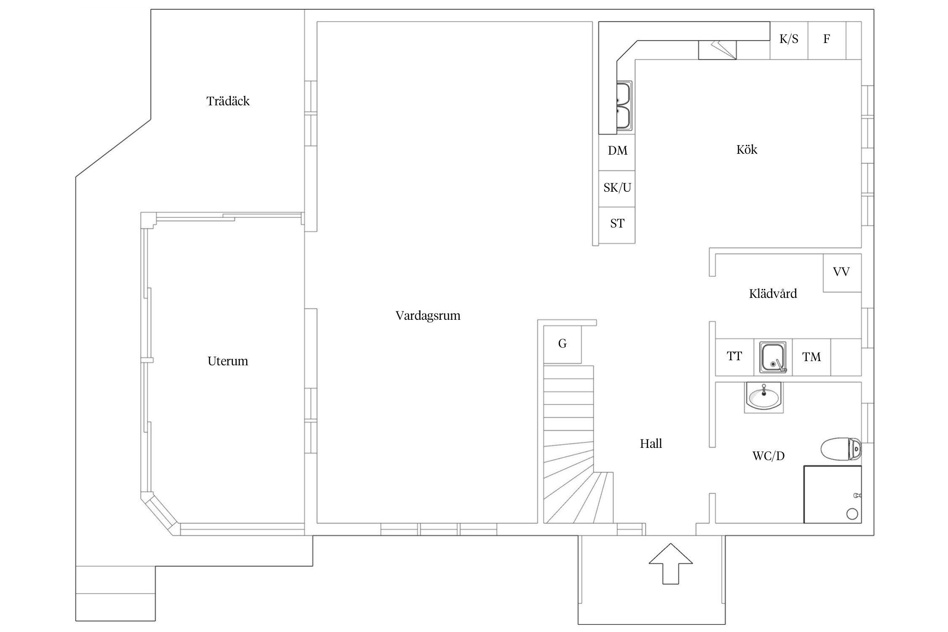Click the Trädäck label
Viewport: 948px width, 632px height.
point(228,101)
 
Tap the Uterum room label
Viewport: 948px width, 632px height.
point(228,361)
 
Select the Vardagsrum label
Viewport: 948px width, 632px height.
point(428,316)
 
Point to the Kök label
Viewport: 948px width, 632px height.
point(747,150)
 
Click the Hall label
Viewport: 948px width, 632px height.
point(651,444)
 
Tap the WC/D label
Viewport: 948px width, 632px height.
point(769,456)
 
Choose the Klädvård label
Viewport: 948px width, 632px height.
point(773,293)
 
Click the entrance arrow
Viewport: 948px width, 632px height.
point(671,563)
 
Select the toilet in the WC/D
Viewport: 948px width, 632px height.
point(841,450)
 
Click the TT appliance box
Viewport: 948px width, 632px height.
point(735,357)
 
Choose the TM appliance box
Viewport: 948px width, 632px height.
point(811,357)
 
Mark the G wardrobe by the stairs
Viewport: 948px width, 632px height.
point(562,344)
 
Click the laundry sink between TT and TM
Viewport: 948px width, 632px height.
point(773,357)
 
